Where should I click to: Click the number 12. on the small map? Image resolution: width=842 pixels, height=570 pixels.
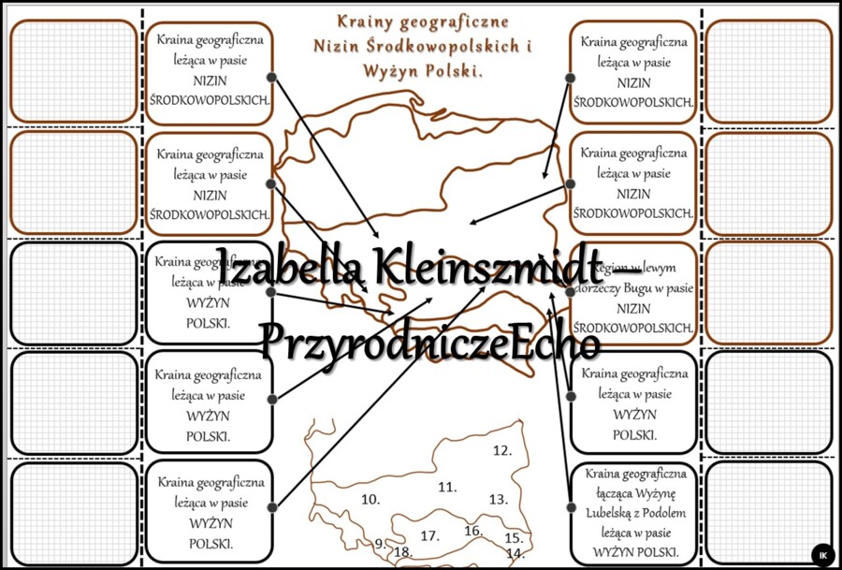(502, 451)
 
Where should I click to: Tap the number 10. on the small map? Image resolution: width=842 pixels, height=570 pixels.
(370, 500)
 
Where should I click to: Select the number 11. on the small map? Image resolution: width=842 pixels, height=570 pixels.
(447, 487)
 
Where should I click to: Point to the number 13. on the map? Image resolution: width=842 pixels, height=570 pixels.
(498, 500)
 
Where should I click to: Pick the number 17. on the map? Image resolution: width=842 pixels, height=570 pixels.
(430, 536)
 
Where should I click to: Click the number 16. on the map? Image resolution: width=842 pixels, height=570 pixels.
(473, 531)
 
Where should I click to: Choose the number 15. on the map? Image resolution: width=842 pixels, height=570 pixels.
(513, 537)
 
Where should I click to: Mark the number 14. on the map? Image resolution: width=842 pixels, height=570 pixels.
(515, 553)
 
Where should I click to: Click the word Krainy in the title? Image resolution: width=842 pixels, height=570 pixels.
(367, 20)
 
